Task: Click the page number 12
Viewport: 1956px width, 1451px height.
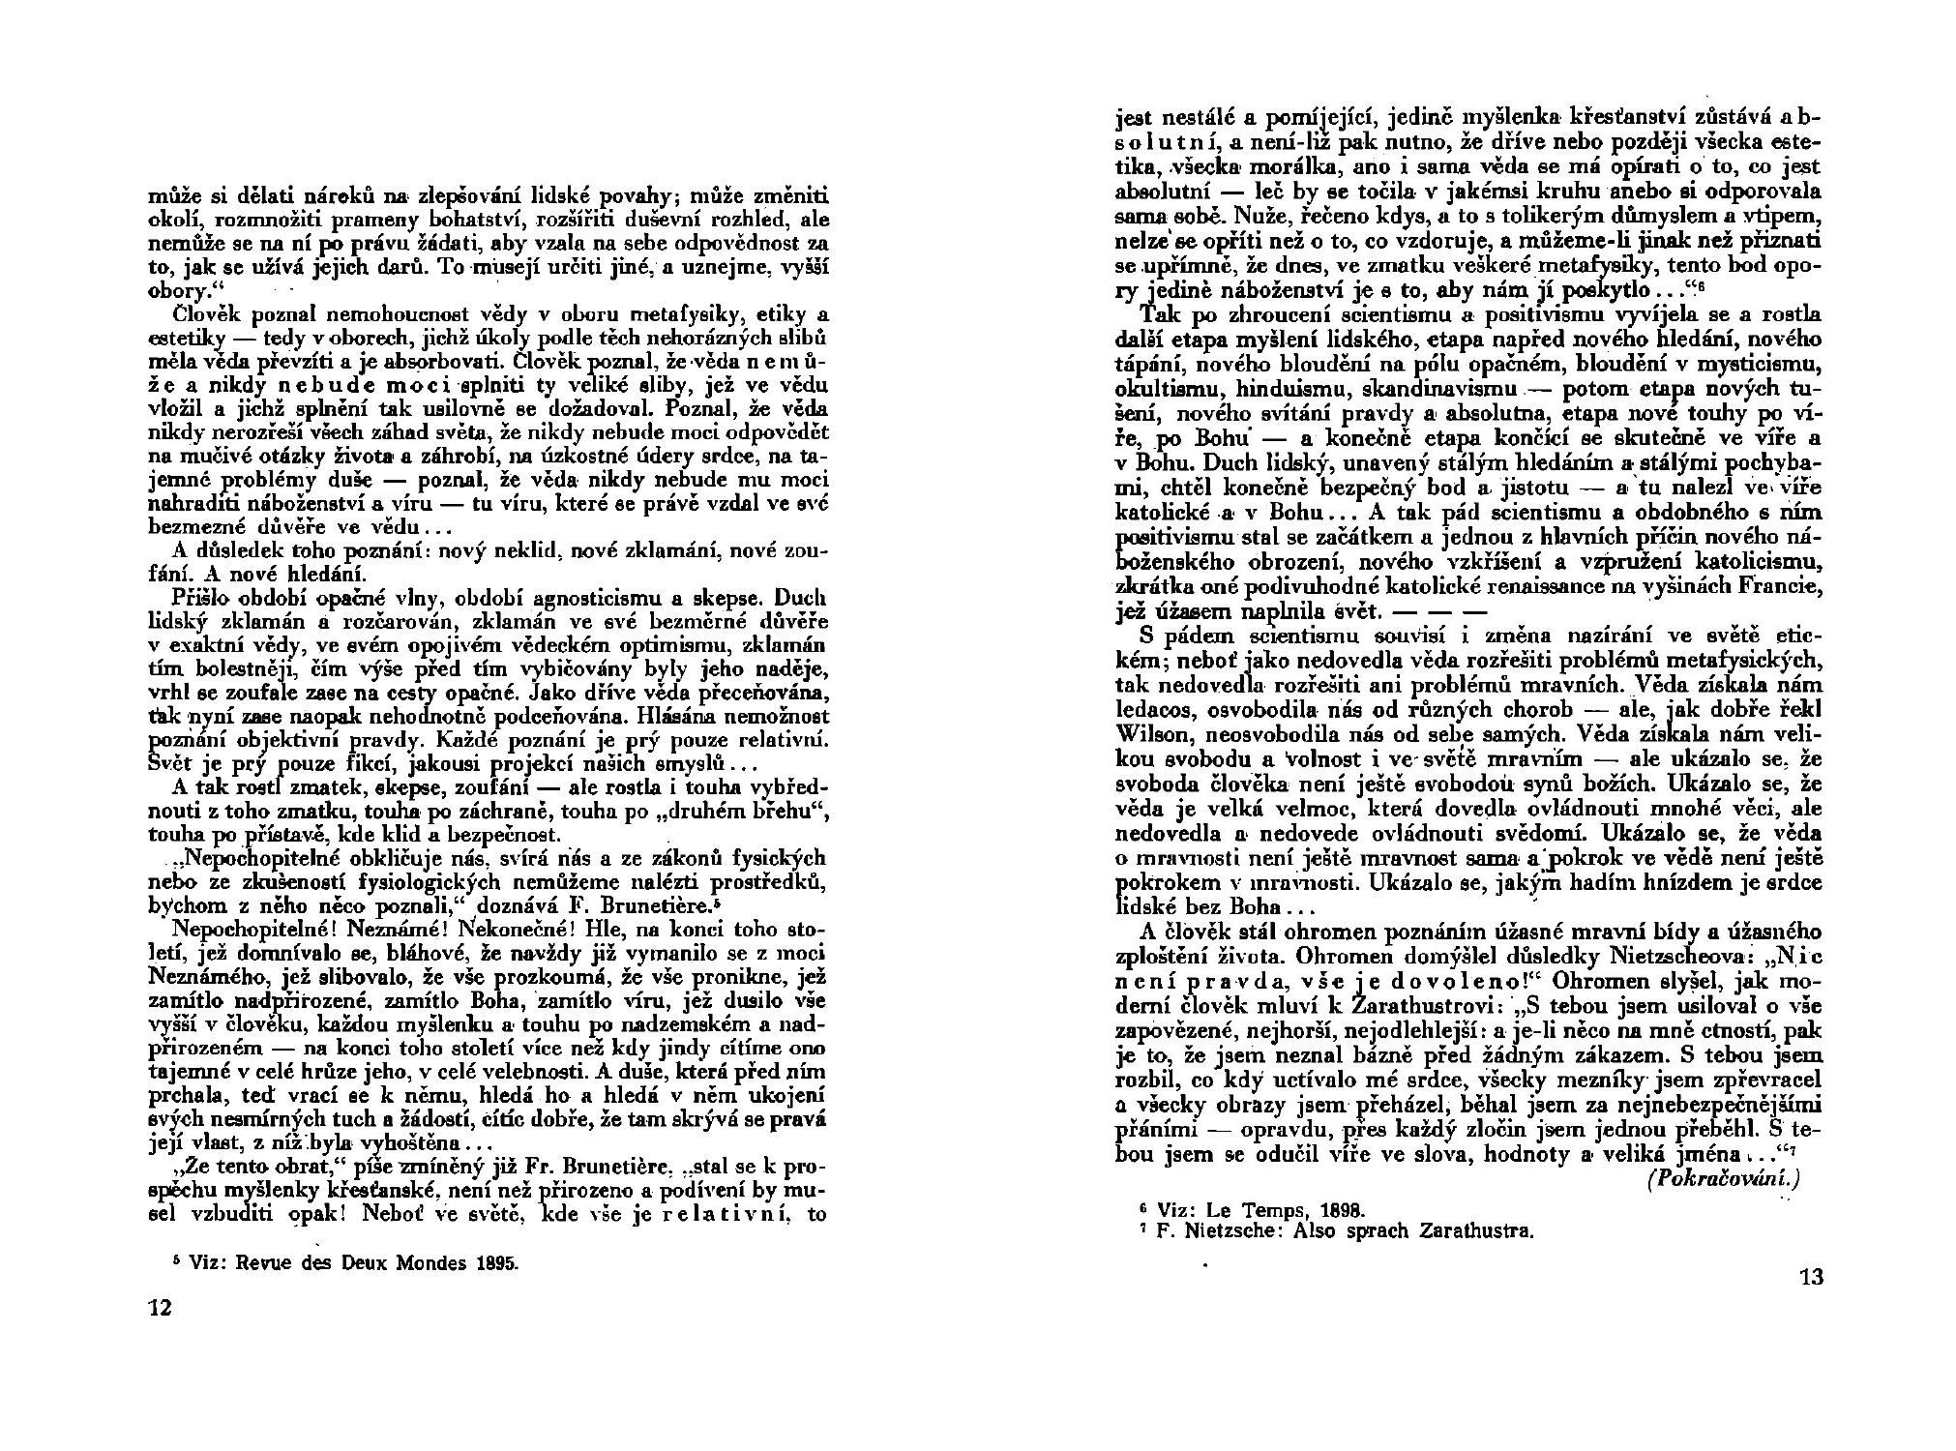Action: point(159,1308)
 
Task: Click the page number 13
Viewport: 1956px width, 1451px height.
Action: point(1811,1277)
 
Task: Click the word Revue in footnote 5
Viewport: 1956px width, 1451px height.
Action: point(261,1262)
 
